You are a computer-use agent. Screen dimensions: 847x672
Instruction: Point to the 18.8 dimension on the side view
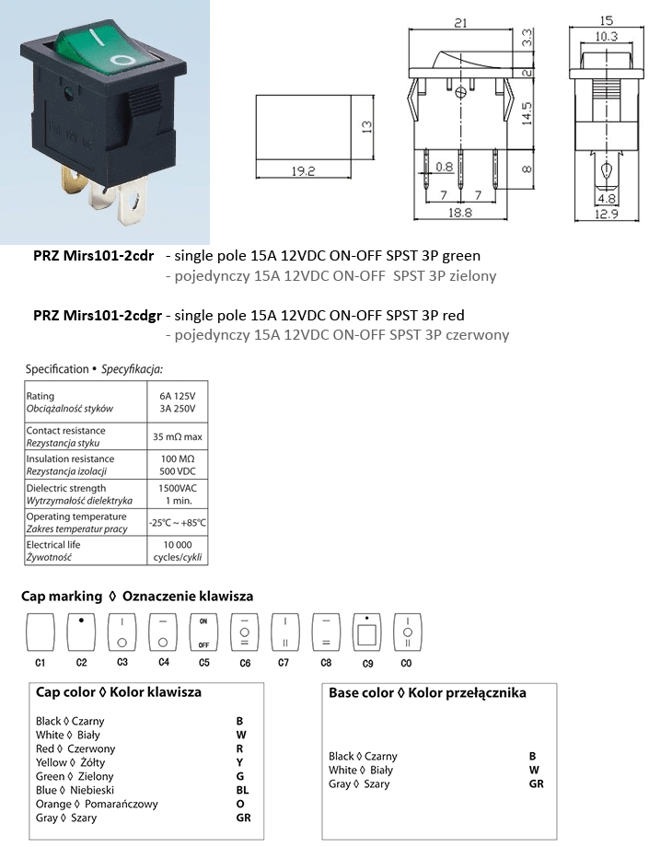[459, 212]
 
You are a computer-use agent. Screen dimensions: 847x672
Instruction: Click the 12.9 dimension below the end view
[606, 214]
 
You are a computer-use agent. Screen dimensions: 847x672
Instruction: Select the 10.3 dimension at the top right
[605, 36]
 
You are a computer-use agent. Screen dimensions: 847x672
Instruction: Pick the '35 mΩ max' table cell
[177, 436]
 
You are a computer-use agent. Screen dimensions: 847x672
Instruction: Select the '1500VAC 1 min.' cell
[177, 493]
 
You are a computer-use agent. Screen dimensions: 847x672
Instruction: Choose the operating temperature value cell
[177, 523]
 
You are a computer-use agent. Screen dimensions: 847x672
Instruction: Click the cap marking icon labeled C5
[203, 632]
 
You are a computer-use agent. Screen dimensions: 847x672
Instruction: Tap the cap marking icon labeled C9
[366, 632]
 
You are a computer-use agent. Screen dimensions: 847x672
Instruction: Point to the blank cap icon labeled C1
[40, 632]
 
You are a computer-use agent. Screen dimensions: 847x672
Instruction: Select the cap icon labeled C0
[407, 632]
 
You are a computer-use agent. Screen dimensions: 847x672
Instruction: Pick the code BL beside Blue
[243, 790]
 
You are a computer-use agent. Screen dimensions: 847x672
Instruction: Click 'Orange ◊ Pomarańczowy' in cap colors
[97, 804]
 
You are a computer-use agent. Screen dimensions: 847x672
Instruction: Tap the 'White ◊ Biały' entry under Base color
[361, 770]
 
